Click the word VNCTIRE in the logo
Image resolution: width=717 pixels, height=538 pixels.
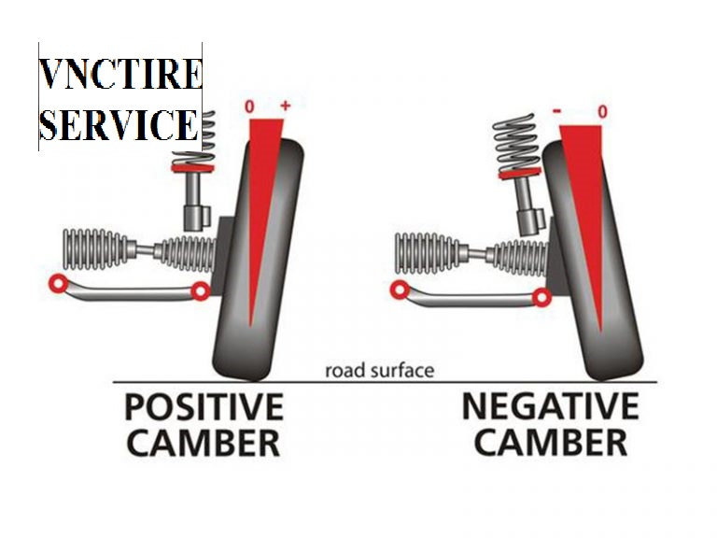click(119, 74)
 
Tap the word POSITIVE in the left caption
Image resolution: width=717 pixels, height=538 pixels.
click(204, 407)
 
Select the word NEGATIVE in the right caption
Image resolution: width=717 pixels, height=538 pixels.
click(551, 407)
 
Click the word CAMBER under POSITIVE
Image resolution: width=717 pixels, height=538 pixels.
click(203, 443)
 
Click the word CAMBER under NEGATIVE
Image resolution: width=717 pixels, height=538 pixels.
click(551, 443)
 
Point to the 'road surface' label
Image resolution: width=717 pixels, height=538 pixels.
click(379, 371)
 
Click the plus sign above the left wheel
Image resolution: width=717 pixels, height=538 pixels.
click(285, 106)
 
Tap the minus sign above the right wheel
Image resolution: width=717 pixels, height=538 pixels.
click(556, 111)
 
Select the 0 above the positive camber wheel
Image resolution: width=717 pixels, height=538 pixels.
click(249, 107)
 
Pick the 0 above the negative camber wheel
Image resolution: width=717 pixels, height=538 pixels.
click(602, 112)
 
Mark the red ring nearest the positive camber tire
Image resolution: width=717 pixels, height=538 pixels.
click(199, 291)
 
